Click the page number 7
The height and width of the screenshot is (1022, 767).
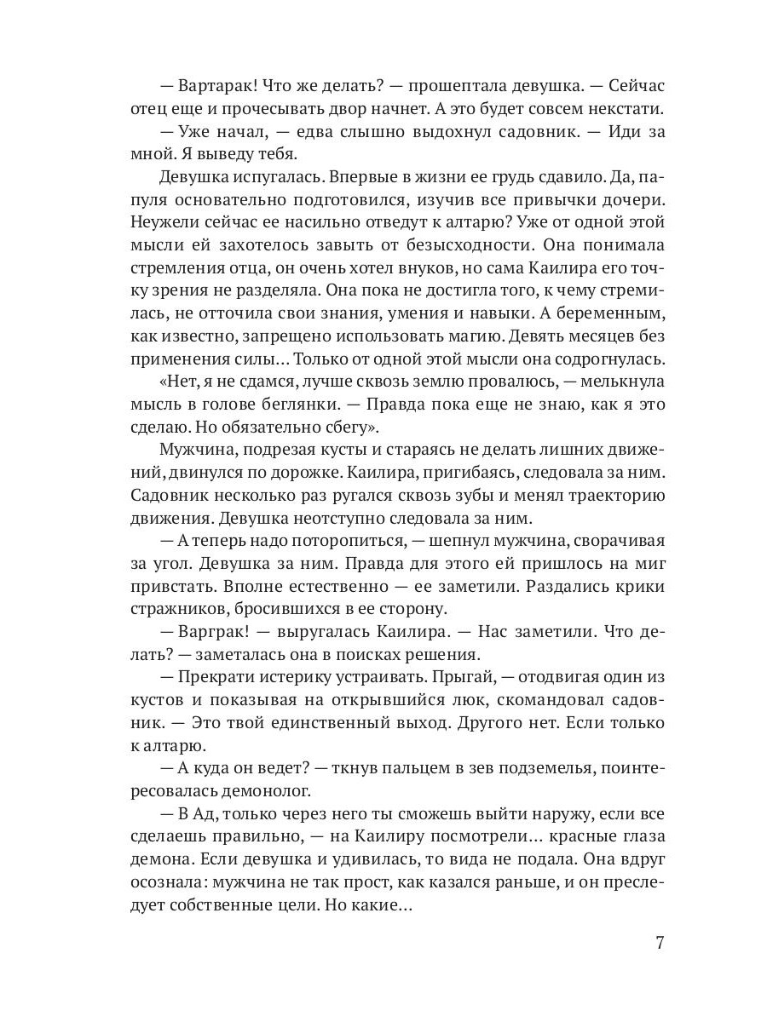660,943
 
